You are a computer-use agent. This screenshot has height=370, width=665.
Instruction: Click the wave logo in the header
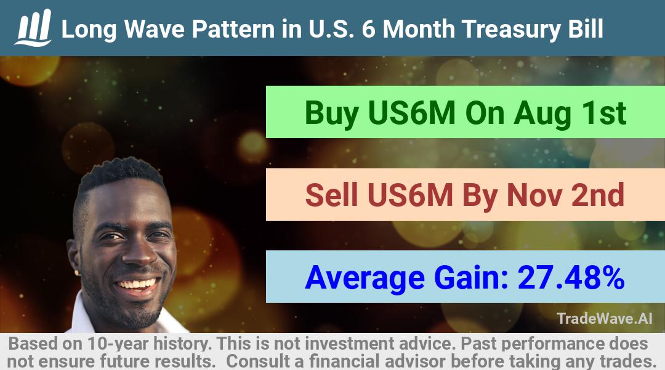33,28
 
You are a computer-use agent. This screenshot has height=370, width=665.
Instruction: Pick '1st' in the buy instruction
603,113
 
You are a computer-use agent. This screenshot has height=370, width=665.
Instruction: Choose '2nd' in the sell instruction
597,195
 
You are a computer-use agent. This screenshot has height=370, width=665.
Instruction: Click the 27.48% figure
571,277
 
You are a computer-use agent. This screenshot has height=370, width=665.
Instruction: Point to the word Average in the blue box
365,278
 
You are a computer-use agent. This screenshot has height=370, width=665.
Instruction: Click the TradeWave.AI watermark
605,319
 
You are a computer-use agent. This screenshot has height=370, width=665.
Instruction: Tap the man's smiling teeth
137,284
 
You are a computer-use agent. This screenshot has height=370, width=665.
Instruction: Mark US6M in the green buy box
412,113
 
